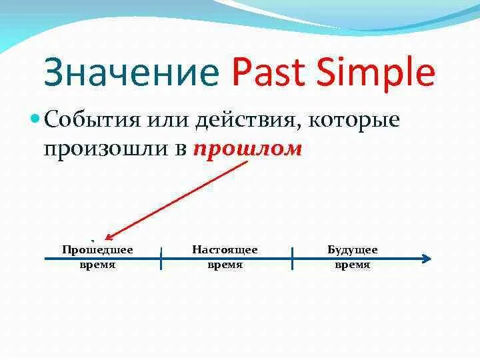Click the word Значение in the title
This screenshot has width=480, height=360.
[x=131, y=72]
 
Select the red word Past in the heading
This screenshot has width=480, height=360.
[x=268, y=71]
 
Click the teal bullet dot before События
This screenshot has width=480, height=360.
[x=35, y=118]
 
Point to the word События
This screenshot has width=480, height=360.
[x=92, y=119]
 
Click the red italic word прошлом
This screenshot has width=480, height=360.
[x=247, y=150]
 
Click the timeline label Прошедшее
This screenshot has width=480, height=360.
[x=97, y=250]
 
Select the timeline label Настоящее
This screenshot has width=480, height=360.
[x=225, y=250]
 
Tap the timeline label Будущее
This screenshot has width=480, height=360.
[x=353, y=250]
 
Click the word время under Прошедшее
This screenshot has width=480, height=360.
[x=97, y=265]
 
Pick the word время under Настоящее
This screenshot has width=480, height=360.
[x=225, y=265]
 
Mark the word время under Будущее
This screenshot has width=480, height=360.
[x=353, y=265]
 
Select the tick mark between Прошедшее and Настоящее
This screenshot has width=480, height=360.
[x=161, y=259]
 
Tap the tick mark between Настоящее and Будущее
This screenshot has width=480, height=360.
[x=293, y=259]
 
